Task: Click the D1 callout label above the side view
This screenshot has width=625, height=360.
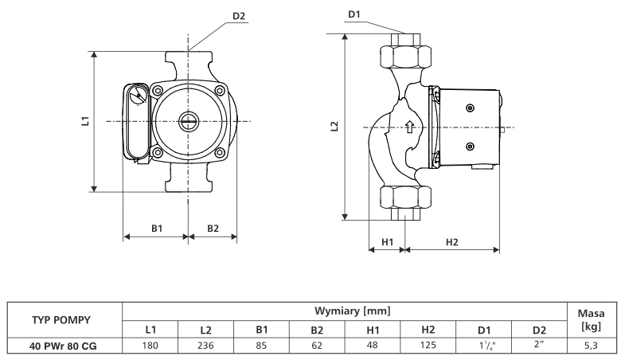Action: (354, 14)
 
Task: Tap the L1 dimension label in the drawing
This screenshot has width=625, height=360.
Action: (84, 121)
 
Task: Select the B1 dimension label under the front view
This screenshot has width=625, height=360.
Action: (157, 228)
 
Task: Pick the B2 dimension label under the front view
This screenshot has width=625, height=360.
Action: (213, 228)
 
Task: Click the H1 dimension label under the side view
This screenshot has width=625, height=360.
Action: (388, 241)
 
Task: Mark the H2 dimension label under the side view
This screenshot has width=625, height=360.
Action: (451, 241)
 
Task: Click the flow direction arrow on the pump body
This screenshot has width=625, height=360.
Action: (409, 126)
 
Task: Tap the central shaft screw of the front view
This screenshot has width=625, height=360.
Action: (189, 122)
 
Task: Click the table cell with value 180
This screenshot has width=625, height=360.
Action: (150, 345)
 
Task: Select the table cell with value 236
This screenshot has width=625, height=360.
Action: (205, 345)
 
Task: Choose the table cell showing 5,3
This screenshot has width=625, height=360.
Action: (590, 345)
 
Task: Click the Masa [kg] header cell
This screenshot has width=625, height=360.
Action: (590, 320)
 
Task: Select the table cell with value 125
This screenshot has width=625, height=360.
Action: (428, 345)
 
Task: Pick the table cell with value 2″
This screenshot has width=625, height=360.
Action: (539, 345)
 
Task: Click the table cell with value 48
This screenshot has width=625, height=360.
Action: (373, 345)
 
